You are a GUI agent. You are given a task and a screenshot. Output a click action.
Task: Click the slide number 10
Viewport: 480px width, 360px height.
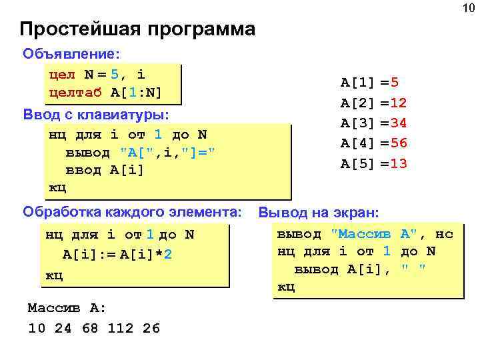tap(465, 7)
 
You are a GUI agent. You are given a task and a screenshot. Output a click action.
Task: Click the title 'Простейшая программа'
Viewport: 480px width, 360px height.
tap(137, 29)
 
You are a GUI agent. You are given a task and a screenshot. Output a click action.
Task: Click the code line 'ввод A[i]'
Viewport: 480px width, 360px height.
tap(105, 169)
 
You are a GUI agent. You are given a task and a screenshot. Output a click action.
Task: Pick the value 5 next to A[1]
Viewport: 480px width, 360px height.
tap(395, 83)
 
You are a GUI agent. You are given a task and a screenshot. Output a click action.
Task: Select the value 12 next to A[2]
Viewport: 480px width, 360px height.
tap(398, 103)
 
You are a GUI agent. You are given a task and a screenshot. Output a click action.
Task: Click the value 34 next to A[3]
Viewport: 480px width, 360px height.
tap(398, 123)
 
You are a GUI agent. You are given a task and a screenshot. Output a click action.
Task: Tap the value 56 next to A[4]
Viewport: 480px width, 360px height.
tap(398, 143)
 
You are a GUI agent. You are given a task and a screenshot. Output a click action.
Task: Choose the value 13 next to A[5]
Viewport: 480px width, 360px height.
tap(398, 163)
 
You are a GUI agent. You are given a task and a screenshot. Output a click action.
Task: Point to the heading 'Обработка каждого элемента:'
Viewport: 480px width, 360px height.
tap(132, 212)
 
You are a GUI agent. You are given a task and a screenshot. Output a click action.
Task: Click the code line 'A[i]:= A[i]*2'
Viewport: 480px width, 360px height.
tap(117, 254)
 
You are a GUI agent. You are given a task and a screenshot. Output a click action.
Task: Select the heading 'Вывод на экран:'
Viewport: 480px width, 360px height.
tap(319, 213)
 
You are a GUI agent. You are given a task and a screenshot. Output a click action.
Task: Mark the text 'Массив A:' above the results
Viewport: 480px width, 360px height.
tap(67, 308)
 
